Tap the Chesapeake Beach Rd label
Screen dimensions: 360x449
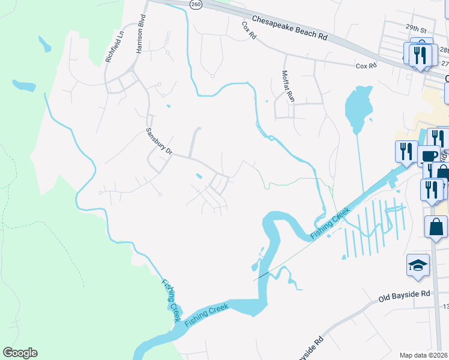(289, 28)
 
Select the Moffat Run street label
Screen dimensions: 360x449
(288, 85)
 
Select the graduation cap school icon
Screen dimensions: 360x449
(418, 265)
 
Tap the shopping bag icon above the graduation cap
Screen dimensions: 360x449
(436, 227)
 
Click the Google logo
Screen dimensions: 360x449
(20, 353)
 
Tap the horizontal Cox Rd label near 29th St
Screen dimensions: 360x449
(366, 65)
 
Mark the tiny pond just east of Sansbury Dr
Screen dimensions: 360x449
(198, 176)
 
